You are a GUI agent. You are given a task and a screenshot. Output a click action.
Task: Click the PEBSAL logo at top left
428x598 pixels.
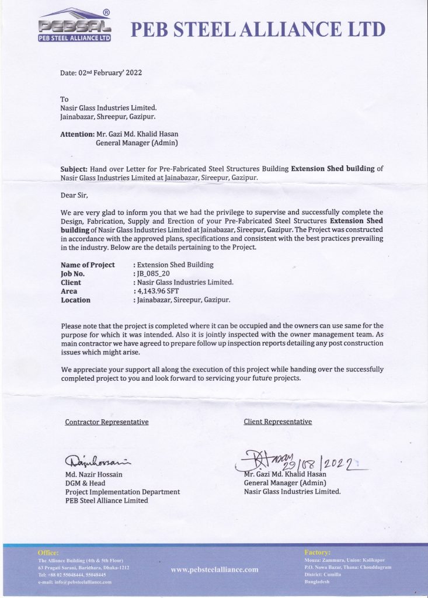point(74,26)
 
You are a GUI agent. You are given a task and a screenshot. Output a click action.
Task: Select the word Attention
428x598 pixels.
point(78,134)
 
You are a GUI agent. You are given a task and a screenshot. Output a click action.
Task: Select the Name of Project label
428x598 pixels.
point(88,265)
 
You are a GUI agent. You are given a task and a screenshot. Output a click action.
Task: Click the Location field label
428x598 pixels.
point(75,300)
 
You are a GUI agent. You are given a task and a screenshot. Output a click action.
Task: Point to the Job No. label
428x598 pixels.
point(72,273)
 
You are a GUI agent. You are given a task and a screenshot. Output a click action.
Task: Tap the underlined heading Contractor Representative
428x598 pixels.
point(106,422)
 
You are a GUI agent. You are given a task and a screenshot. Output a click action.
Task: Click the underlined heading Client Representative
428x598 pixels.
point(277,422)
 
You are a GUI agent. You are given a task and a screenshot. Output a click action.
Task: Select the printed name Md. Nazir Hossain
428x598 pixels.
point(93,475)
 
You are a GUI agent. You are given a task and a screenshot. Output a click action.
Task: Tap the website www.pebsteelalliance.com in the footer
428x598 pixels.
point(214,569)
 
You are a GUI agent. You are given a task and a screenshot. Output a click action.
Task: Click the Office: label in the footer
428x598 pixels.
point(48,552)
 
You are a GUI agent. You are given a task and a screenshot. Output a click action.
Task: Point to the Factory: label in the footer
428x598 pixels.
point(318,552)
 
